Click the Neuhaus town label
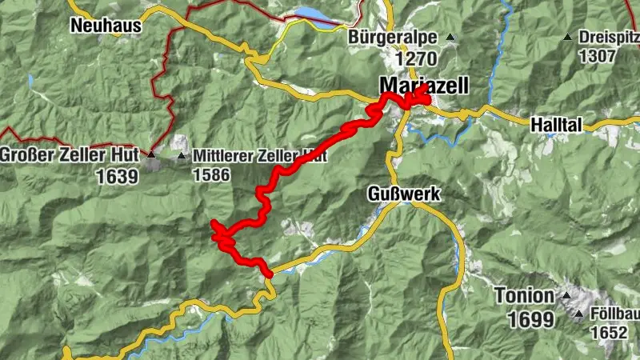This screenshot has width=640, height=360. [106, 26]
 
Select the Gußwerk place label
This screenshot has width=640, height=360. [404, 193]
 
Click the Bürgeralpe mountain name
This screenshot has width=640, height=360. [393, 37]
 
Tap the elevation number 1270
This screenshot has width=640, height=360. [415, 58]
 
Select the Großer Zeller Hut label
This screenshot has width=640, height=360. [71, 154]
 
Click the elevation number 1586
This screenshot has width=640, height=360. [211, 175]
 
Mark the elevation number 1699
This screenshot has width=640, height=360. [530, 320]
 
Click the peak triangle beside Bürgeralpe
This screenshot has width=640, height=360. [450, 37]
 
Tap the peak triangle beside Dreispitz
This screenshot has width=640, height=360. [567, 37]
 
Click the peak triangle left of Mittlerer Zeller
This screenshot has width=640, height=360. [182, 155]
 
